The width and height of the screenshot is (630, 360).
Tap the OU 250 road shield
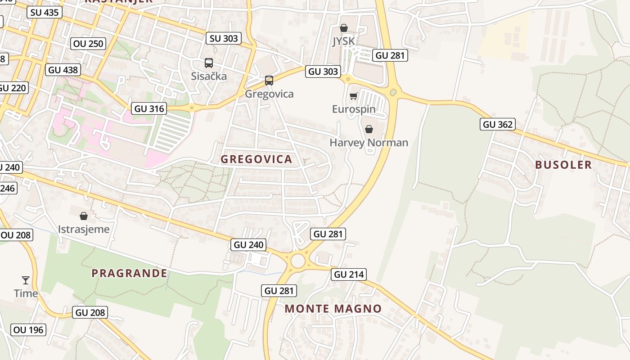click(88, 44)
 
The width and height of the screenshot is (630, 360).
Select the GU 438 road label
click(63, 70)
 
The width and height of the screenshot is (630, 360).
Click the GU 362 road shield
click(498, 124)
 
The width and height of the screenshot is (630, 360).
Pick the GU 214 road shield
click(349, 274)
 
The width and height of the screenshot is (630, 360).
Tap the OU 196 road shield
click(28, 330)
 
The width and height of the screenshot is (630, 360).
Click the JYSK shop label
click(344, 41)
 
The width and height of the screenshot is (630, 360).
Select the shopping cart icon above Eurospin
click(354, 96)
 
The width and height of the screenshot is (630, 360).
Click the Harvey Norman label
click(369, 143)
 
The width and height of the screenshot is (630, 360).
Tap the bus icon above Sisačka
click(209, 63)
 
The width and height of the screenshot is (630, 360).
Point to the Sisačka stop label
click(209, 76)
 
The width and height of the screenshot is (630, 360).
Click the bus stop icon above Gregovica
click(269, 81)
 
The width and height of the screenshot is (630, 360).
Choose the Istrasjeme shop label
click(84, 229)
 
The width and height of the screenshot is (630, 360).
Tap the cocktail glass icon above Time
click(26, 280)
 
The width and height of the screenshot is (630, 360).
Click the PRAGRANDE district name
click(129, 273)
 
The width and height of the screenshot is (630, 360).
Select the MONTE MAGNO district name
click(333, 309)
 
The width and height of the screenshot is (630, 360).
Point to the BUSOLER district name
click(563, 165)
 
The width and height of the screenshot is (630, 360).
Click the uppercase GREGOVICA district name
click(256, 159)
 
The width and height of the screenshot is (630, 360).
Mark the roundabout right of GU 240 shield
click(298, 260)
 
